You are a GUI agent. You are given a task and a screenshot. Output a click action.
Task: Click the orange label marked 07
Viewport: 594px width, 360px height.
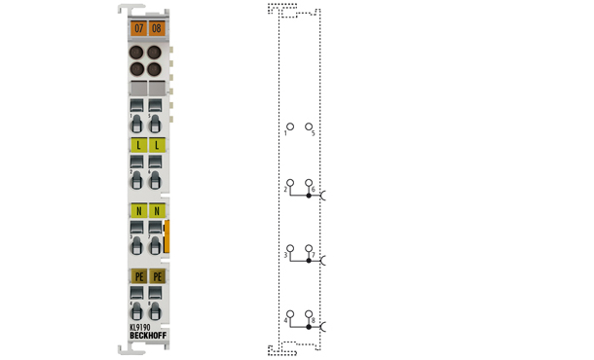point(138,29)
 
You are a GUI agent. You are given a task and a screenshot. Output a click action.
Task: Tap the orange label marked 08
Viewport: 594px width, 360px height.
point(156,29)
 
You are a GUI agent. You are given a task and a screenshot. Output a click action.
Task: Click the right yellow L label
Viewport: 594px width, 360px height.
point(156,144)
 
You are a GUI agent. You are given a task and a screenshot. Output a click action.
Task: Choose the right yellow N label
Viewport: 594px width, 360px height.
point(156,210)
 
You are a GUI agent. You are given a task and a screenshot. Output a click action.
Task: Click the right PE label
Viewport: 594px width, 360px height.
point(156,276)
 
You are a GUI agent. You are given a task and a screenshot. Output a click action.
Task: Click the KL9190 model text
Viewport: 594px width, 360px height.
point(139,328)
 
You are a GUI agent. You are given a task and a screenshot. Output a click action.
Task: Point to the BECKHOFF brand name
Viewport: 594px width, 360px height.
point(146,337)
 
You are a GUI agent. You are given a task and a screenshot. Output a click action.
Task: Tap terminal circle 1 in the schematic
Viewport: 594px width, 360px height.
point(289,126)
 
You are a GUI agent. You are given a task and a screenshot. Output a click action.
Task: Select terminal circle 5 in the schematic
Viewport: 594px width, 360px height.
point(309,126)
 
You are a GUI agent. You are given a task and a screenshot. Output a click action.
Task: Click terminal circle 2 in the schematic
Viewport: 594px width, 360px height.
point(289,183)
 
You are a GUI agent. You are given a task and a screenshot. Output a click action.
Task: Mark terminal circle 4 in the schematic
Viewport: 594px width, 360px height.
point(289,313)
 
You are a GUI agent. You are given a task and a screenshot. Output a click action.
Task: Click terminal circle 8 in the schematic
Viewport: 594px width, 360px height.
point(309,313)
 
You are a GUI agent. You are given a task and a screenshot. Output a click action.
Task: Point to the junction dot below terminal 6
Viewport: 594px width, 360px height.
point(309,196)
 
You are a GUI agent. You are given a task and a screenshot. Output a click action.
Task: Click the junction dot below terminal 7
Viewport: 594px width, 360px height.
point(309,261)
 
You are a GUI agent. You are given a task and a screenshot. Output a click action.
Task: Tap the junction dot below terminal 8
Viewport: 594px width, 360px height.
point(309,326)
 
